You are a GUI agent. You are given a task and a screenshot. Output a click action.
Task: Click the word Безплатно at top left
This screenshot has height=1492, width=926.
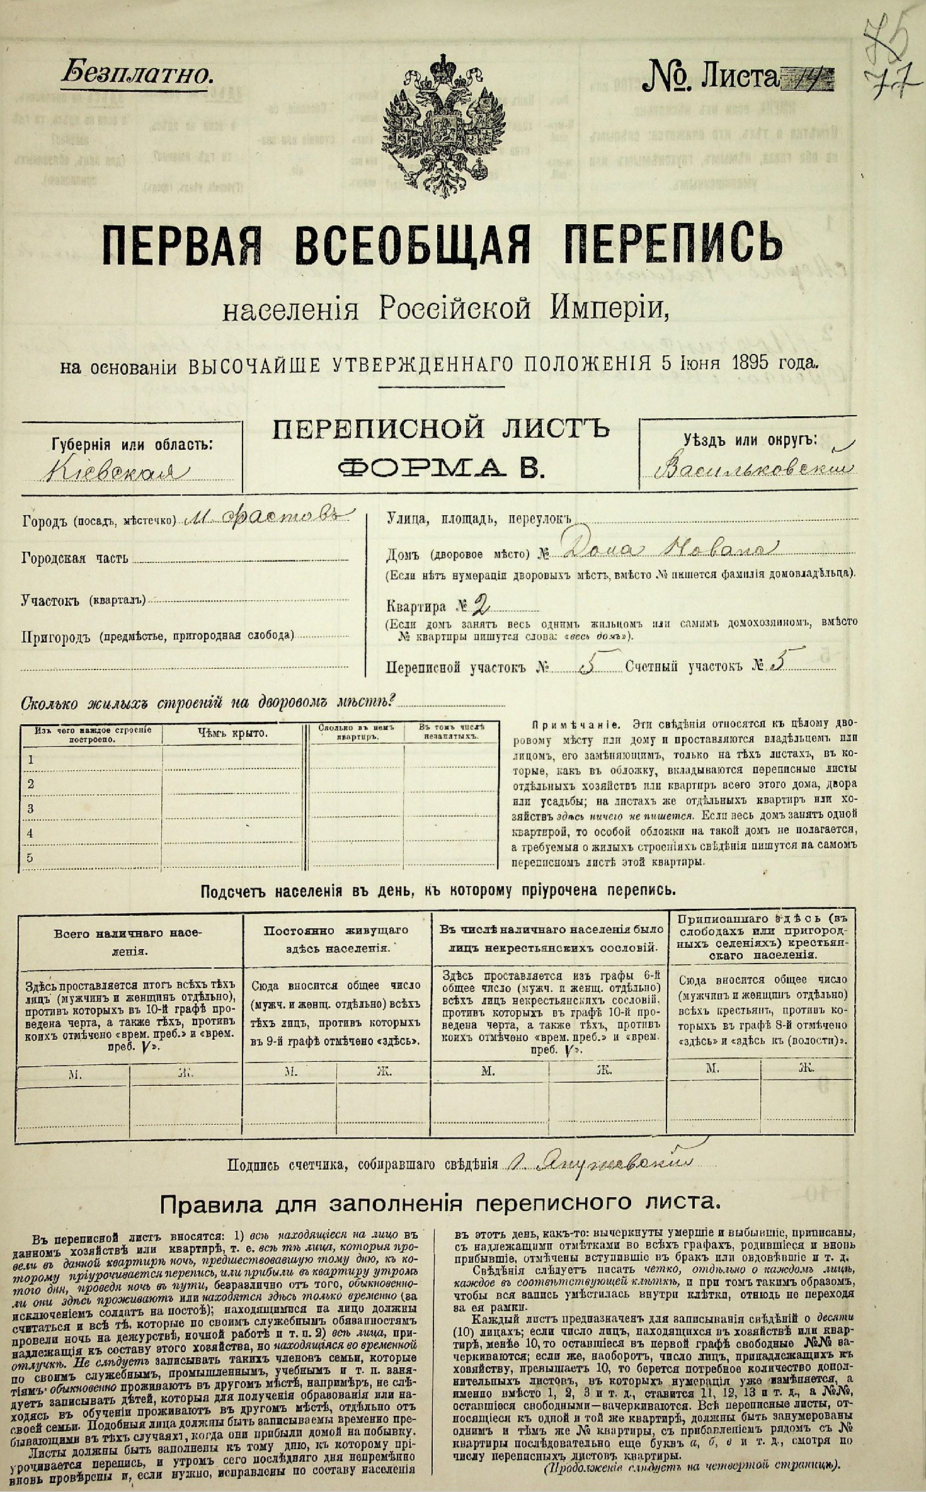tap(135, 76)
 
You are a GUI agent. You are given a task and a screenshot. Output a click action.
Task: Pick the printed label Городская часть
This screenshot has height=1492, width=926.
tap(74, 557)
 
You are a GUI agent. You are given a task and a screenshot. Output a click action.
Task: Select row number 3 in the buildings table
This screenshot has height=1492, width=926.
tap(30, 807)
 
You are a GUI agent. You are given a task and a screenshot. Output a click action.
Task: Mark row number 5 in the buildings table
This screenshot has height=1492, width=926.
tap(30, 857)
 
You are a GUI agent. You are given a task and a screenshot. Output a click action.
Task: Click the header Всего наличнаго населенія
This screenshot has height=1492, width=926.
tap(130, 941)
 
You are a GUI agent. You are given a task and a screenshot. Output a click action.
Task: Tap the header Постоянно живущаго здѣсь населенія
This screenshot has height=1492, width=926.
tap(336, 938)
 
